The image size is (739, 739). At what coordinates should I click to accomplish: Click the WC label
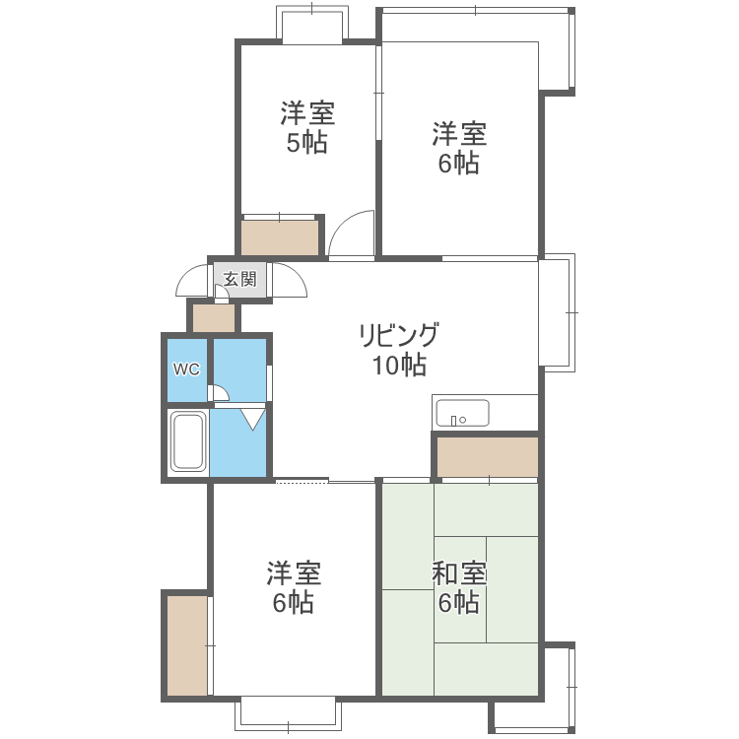point(187,370)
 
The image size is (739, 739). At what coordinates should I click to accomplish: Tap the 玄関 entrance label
point(239,279)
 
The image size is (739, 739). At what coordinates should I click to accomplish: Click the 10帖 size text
point(398,366)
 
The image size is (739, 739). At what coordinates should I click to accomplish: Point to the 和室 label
point(458,573)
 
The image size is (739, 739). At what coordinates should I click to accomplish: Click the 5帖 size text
point(306,143)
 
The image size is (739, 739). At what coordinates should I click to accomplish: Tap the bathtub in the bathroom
point(187,442)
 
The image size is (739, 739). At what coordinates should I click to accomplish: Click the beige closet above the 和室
point(487,457)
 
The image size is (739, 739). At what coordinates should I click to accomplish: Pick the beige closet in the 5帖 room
point(281,238)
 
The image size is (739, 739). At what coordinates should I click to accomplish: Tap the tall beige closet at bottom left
point(187,645)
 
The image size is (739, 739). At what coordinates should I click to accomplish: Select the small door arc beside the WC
point(220,394)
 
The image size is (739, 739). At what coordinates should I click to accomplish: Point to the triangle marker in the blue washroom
point(253,419)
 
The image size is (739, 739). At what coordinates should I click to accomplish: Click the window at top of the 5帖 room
point(312,24)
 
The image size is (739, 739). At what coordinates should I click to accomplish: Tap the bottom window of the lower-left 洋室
point(287,711)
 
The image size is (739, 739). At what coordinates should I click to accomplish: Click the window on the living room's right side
point(558,312)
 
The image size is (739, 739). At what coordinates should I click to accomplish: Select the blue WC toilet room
point(187,370)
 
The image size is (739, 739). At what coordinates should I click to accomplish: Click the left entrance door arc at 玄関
point(191,285)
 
